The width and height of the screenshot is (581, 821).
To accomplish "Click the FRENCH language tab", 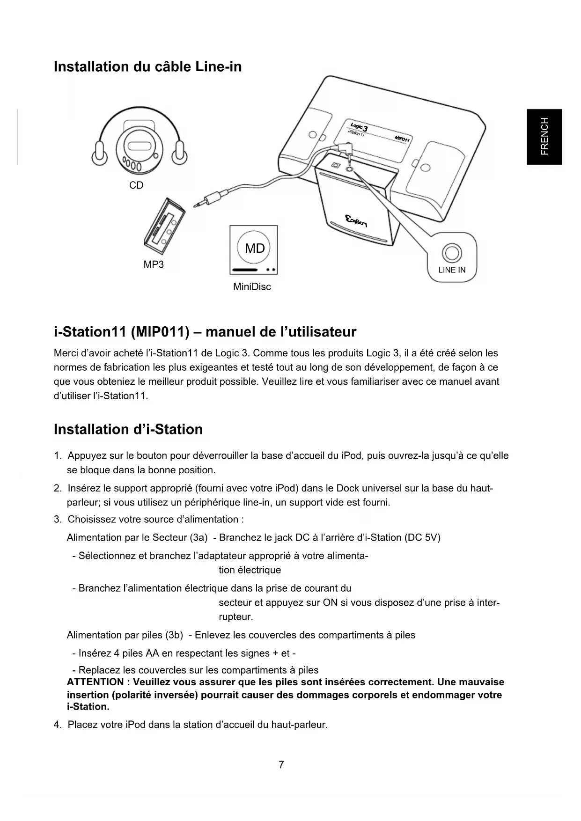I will tap(544, 137).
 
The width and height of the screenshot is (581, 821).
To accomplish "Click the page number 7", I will tap(281, 765).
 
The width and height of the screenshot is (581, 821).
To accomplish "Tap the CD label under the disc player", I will tap(136, 185).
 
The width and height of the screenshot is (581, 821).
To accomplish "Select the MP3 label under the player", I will tap(154, 264).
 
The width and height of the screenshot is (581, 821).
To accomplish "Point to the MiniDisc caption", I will tap(252, 286).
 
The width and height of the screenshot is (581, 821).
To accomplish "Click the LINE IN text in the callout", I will tap(452, 270).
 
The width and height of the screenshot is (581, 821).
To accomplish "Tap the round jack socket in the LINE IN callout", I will tap(452, 253).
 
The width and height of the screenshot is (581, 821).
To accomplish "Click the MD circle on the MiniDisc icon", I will tap(255, 248).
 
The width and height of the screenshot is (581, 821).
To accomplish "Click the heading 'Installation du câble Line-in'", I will tap(148, 67).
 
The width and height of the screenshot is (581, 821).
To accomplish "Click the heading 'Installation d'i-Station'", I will tap(128, 429).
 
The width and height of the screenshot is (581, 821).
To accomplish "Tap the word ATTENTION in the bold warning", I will tap(95, 682).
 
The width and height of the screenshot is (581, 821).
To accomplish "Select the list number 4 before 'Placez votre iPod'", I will tap(57, 725).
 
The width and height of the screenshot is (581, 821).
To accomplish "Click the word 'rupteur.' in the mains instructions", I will tap(236, 617).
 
